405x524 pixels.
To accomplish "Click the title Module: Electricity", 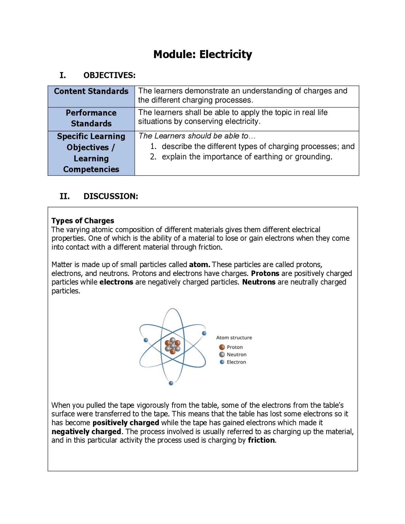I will tap(202, 54).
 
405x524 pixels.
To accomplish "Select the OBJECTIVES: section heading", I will tap(109, 75).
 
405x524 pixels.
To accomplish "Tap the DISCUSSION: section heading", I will tap(110, 196).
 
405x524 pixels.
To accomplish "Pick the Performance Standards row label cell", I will tap(91, 118).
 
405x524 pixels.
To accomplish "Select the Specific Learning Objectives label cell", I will tap(91, 153).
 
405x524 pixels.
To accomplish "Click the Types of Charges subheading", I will tap(83, 221).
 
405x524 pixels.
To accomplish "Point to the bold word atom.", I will tap(199, 265).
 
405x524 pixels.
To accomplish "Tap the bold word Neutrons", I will tap(259, 282).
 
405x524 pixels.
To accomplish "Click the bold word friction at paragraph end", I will tap(261, 440).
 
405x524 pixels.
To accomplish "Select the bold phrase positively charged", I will tap(126, 423).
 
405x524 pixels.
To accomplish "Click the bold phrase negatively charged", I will tap(86, 432).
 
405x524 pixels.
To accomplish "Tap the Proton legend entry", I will tap(234, 347).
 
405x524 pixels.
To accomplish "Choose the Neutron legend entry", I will tap(236, 355).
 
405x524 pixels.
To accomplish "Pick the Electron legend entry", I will tap(236, 362).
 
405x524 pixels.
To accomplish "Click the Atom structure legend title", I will tap(234, 338).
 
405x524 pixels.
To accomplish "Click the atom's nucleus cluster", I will tap(172, 346).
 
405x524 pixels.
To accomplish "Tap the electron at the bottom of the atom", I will tap(171, 383).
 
